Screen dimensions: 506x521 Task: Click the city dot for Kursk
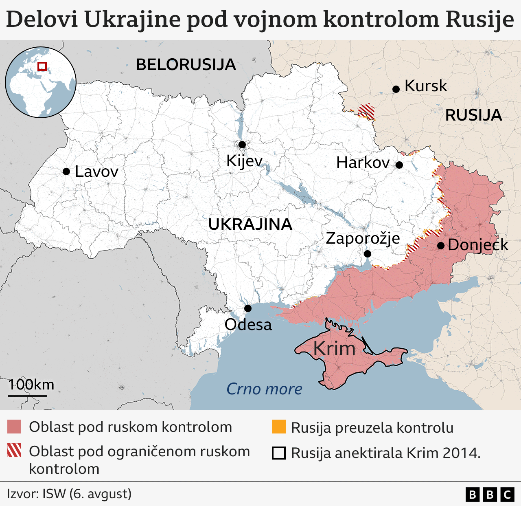coord(396,89)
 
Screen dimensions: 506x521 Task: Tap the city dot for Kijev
coord(242,145)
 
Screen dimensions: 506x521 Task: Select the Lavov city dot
coord(66,172)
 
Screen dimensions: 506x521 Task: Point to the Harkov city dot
coord(399,165)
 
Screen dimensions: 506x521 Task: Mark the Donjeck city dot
coord(440,246)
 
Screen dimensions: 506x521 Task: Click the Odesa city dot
coord(247,308)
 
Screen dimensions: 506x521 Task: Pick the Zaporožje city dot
coord(367,254)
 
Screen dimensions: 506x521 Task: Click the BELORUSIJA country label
coord(186,65)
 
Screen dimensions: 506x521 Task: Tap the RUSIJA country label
coord(473,115)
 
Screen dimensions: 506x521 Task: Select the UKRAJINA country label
coord(250,224)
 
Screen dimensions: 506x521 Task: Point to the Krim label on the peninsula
coord(334,349)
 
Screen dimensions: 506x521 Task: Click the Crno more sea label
coord(264,389)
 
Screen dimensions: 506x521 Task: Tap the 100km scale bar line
coord(27,395)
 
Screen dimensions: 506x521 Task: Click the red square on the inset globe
coord(42,66)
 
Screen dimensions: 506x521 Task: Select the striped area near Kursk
coord(366,111)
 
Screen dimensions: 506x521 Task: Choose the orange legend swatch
coord(279,427)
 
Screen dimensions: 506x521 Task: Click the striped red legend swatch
coord(14,451)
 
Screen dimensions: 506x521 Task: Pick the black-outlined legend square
coord(279,453)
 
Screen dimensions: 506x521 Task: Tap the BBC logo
coord(490,494)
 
